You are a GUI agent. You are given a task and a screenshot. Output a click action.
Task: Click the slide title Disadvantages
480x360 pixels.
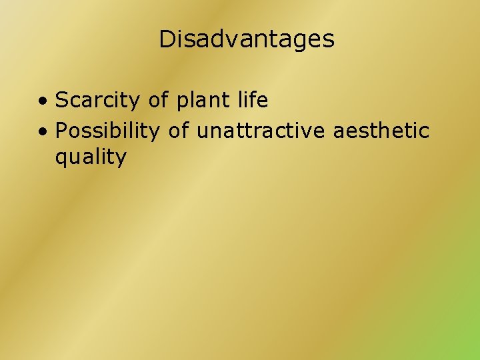[246, 39]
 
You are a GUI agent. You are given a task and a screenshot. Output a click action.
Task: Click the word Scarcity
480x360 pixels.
[98, 101]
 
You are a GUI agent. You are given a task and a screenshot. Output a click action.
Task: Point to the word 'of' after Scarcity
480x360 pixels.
[159, 101]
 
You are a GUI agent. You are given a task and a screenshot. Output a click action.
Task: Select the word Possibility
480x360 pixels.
[107, 131]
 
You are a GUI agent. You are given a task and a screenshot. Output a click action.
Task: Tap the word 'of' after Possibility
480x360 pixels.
[179, 131]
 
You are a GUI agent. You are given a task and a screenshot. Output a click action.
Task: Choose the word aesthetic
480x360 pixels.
[381, 131]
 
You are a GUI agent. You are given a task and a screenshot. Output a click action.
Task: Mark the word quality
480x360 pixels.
[91, 159]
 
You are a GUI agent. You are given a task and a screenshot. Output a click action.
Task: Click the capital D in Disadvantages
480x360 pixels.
[167, 39]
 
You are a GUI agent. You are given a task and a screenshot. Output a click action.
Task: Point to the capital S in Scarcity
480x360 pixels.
[61, 101]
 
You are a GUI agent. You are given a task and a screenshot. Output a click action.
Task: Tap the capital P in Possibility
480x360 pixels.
[61, 131]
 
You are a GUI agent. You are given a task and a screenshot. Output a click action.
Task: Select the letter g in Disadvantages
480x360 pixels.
[301, 41]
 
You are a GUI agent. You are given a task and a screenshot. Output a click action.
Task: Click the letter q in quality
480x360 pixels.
[61, 160]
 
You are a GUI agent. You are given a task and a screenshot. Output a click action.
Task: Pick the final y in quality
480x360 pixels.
[121, 160]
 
